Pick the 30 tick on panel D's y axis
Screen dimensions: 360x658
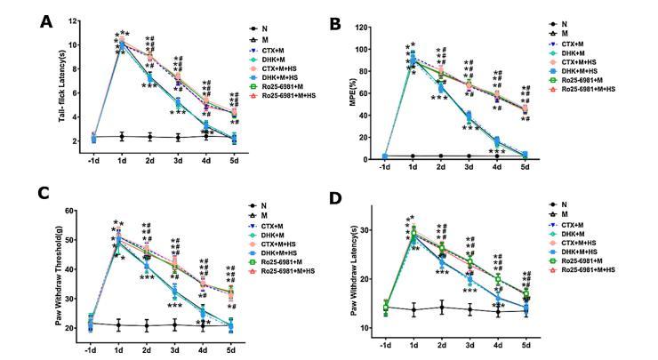pos(373,230)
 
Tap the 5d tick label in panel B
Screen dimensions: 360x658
pos(526,166)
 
